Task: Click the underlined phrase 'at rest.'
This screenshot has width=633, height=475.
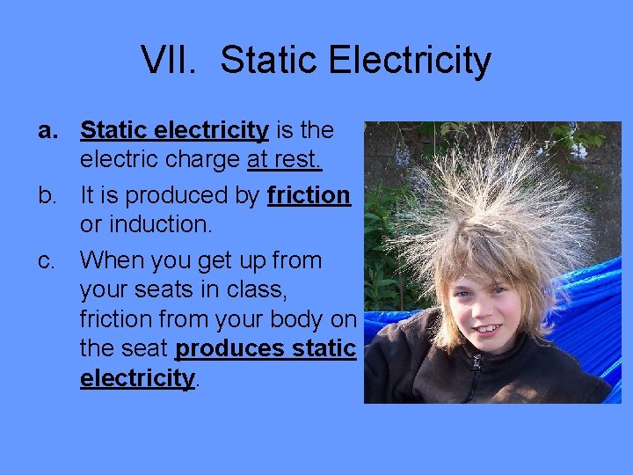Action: tap(285, 160)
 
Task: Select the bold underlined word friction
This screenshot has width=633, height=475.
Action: tap(309, 194)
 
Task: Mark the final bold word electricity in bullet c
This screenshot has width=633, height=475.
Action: tap(136, 378)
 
